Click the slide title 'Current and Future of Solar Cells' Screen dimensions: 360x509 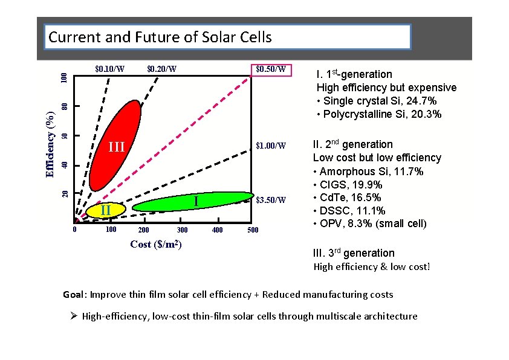tap(160, 37)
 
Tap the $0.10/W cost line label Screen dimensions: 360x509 tap(110, 68)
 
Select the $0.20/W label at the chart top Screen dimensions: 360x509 tap(161, 68)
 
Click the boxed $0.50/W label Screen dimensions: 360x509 tap(270, 69)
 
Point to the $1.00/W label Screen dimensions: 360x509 tap(270, 146)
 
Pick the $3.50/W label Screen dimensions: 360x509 tap(270, 199)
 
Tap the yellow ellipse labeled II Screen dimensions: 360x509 tap(106, 210)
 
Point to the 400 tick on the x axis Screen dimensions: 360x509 tap(218, 230)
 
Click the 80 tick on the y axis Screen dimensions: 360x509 tap(65, 106)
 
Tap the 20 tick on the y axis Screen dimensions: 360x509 tap(65, 193)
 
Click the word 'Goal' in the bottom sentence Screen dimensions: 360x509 tap(75, 295)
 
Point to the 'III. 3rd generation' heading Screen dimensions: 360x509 tap(353, 253)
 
